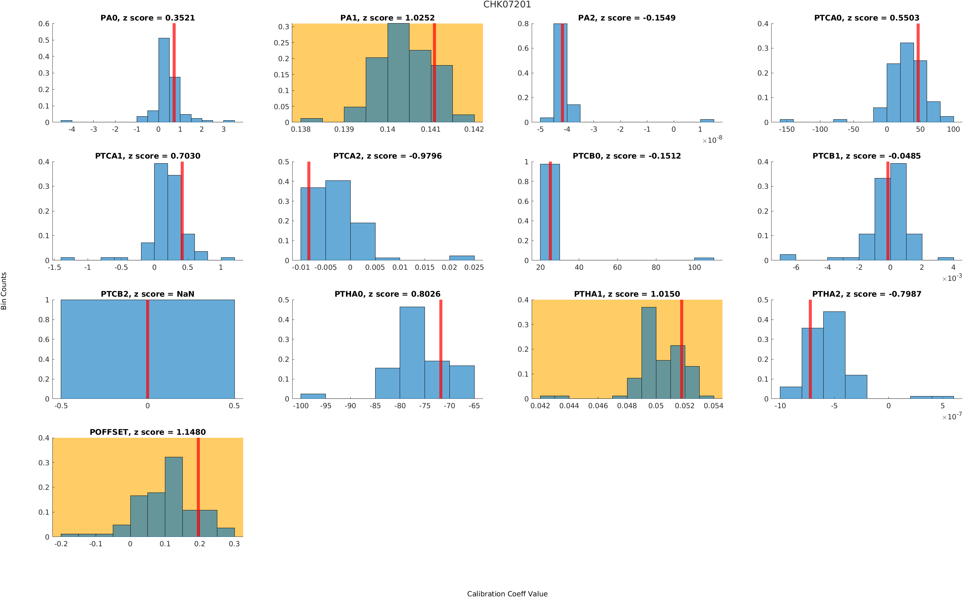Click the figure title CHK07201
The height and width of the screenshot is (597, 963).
[x=507, y=5]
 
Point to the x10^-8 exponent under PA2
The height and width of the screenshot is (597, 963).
[x=712, y=140]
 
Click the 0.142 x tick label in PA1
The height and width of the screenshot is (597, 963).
[x=474, y=129]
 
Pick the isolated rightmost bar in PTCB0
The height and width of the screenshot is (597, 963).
[x=704, y=259]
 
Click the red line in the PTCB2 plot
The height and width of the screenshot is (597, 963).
[x=147, y=349]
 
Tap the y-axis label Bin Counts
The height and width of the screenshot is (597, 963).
[x=4, y=291]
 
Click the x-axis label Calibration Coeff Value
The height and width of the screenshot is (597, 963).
[x=507, y=593]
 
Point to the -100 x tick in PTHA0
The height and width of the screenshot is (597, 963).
[x=300, y=406]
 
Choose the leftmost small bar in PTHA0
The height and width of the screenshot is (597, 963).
[x=313, y=396]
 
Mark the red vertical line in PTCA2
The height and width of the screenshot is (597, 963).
[x=309, y=211]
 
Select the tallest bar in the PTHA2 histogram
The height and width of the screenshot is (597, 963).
[x=834, y=355]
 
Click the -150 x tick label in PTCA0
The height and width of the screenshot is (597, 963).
[x=787, y=129]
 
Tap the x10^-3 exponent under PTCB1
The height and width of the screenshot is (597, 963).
[x=952, y=279]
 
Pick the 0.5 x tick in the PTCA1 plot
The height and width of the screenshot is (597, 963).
[x=187, y=268]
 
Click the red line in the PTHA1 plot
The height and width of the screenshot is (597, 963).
[x=682, y=349]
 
